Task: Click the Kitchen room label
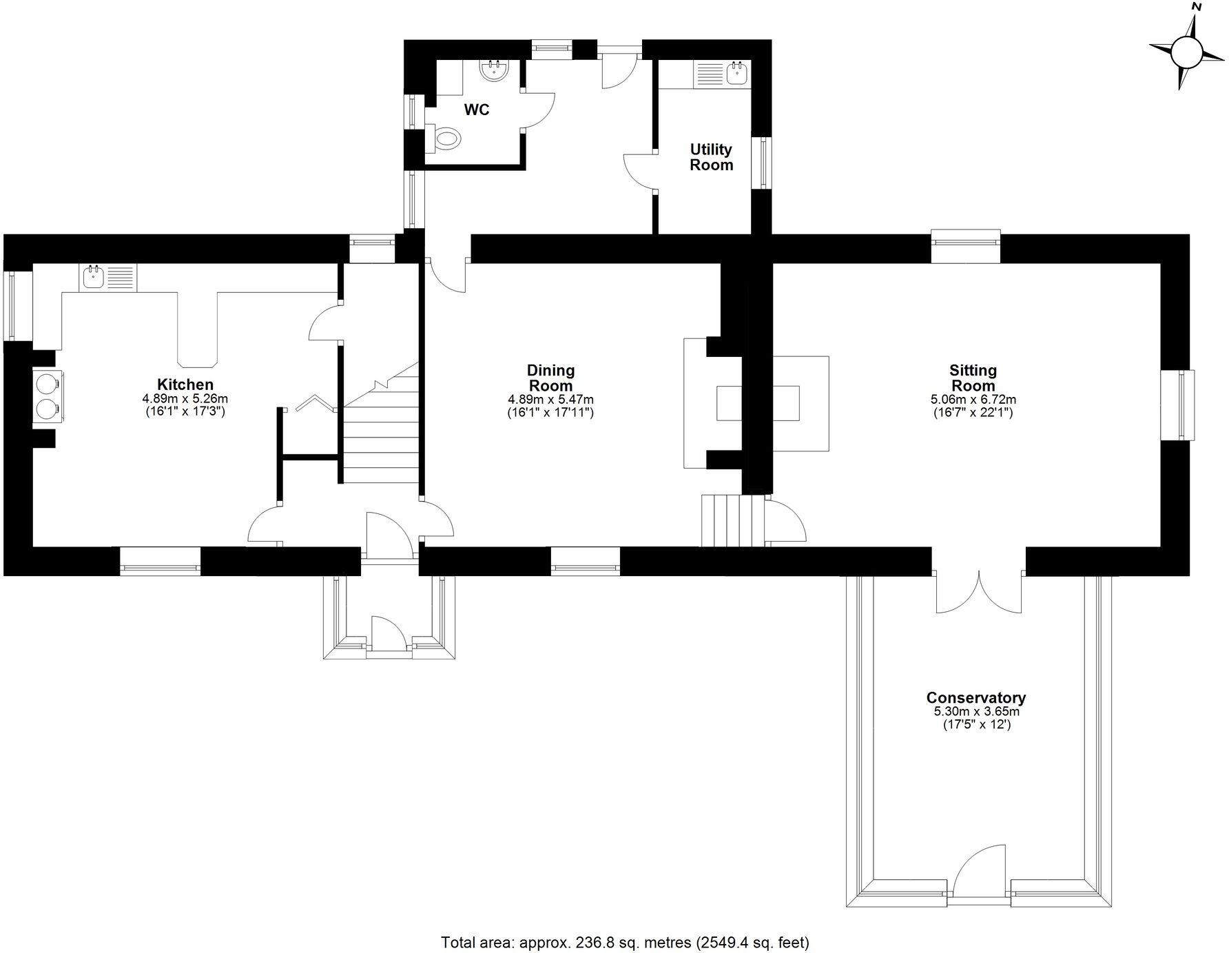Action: point(185,385)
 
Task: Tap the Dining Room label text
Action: point(550,378)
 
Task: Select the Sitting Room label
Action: point(973,378)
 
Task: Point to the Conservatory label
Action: point(975,698)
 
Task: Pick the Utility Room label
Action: point(712,157)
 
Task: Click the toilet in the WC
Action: point(444,139)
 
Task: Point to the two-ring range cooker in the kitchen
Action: point(48,396)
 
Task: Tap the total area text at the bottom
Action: point(624,942)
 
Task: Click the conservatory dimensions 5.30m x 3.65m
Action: point(975,712)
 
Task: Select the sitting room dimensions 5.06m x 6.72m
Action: point(973,400)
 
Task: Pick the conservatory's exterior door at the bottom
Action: point(980,873)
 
